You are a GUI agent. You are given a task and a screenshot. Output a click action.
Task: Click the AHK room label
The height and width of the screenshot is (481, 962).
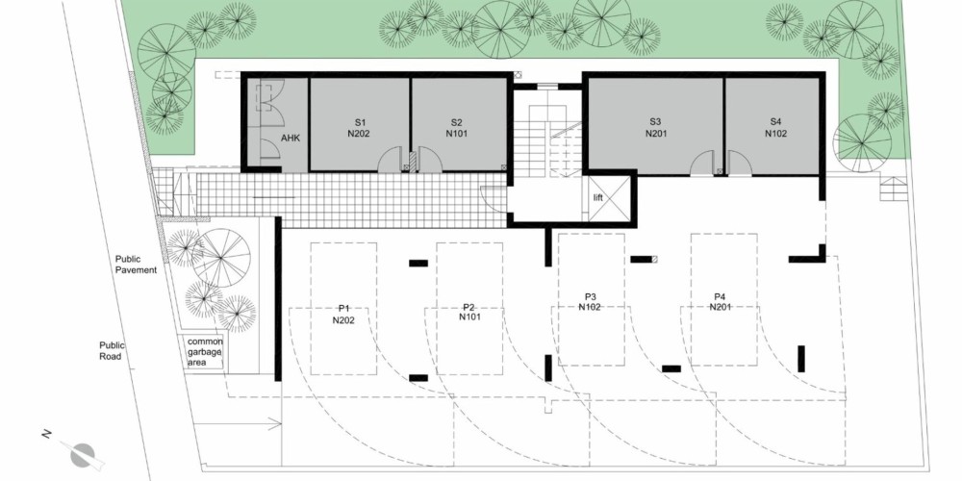[290, 138]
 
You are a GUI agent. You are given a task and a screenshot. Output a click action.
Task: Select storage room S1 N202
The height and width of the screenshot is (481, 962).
[360, 124]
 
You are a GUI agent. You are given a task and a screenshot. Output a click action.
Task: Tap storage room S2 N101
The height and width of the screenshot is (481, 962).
[459, 124]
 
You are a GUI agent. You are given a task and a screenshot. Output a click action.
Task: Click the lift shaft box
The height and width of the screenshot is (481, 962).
[609, 198]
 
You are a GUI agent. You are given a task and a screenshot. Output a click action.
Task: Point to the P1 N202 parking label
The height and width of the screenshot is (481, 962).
[343, 314]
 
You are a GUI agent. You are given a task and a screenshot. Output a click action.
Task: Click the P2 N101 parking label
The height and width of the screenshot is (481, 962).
[469, 312]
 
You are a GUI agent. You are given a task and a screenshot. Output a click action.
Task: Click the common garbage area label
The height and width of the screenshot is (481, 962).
[205, 352]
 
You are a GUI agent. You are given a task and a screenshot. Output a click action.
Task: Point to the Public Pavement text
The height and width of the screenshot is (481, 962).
[137, 265]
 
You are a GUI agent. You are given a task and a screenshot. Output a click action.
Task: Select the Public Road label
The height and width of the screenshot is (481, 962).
[111, 350]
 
